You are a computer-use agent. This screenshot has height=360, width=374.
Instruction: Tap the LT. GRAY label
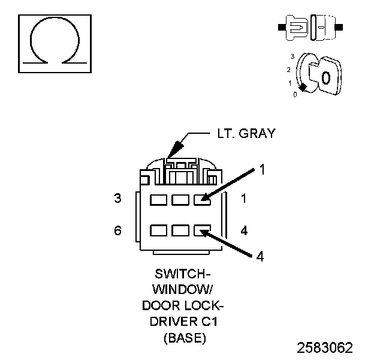[246, 134]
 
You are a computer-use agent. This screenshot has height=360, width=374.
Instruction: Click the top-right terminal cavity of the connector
[202, 199]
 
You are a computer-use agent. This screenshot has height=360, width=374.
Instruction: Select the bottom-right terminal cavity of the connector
[202, 230]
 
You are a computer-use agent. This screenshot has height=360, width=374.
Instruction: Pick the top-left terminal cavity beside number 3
[159, 199]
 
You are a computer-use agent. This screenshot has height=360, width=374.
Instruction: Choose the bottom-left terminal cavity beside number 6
[159, 230]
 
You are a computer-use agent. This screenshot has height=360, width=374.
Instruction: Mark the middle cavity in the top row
[180, 199]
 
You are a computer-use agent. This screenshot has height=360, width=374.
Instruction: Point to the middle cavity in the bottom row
[180, 230]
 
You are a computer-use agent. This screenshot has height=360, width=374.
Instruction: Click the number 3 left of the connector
[117, 198]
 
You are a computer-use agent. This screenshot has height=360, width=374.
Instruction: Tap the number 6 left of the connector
[117, 230]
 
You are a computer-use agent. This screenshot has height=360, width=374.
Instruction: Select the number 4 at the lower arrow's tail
[260, 256]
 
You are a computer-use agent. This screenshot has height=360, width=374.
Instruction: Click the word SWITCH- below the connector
[185, 274]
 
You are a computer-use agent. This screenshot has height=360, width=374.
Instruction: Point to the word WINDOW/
[185, 289]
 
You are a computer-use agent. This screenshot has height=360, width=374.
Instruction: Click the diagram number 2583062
[325, 347]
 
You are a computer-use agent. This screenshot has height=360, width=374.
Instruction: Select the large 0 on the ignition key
[325, 77]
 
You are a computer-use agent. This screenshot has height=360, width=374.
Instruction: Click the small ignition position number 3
[292, 56]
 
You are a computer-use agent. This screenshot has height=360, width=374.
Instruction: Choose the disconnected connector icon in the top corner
[309, 28]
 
